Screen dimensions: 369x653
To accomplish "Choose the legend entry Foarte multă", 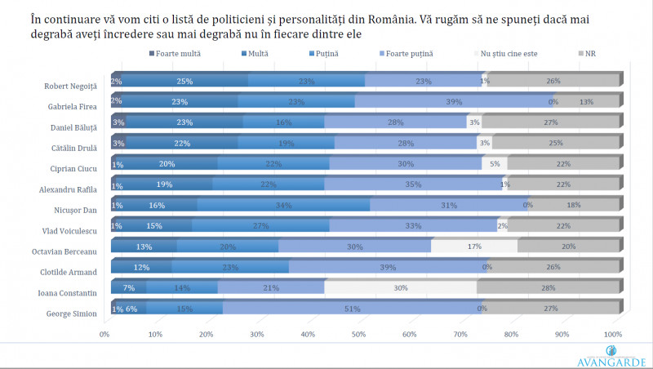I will coord(175,53).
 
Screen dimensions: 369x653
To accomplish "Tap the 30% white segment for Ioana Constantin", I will coord(400,287).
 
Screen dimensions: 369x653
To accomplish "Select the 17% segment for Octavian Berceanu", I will coord(474,245).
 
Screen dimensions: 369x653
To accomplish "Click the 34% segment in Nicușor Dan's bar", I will coord(283,204).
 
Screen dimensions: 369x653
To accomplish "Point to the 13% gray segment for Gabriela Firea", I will coord(586,101).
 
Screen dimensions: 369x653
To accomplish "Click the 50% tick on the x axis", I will coord(359,334).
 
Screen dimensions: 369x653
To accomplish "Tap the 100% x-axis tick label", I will coord(612,334).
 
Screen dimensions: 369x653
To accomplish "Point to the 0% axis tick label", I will coord(104,334).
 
